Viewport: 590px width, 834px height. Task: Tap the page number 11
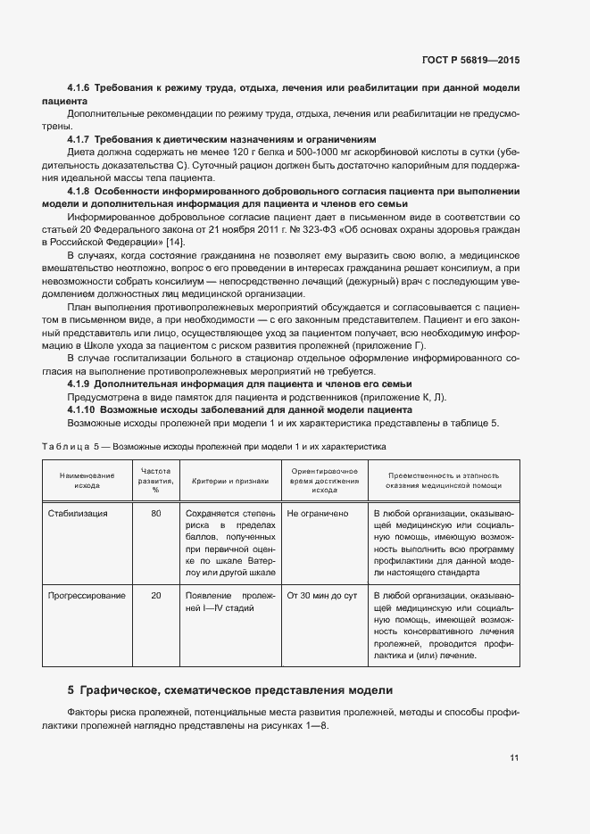click(514, 758)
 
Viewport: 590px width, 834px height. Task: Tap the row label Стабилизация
click(78, 514)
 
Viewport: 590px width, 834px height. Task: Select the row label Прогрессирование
click(87, 596)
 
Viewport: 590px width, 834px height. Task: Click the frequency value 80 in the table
click(156, 514)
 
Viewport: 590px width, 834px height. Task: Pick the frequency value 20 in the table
click(156, 596)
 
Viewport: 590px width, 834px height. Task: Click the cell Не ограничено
click(317, 514)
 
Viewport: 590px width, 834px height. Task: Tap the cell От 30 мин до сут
click(321, 596)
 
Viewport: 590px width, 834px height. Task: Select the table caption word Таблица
click(62, 444)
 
